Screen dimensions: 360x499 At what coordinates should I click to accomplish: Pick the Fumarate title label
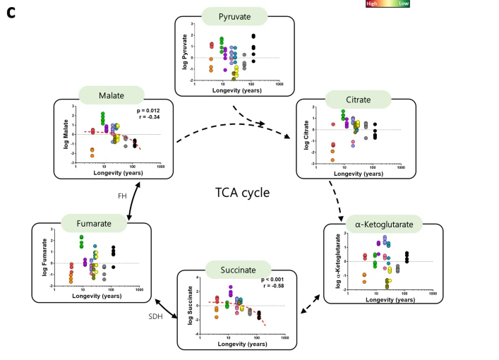pos(89,224)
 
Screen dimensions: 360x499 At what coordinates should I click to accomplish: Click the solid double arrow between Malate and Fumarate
pos(134,200)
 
